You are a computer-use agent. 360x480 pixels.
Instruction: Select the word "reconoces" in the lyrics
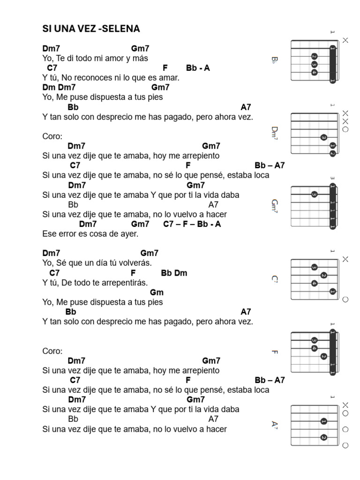(x=94, y=78)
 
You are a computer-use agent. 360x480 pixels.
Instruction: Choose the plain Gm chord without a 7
(x=157, y=292)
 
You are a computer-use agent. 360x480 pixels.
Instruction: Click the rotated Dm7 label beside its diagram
(x=275, y=133)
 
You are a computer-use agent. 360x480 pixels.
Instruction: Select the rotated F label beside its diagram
(x=275, y=352)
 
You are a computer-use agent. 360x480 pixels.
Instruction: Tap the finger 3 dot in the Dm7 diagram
(x=323, y=137)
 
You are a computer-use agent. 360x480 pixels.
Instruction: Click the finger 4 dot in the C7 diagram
(x=314, y=284)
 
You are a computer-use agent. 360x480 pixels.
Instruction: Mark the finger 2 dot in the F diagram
(x=323, y=356)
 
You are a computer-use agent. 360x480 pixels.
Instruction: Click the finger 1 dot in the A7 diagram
(x=323, y=421)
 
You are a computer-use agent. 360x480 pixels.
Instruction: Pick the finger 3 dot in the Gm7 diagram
(x=314, y=195)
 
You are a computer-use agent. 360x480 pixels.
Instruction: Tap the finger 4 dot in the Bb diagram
(x=314, y=73)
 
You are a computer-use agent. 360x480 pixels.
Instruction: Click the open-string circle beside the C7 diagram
(x=345, y=300)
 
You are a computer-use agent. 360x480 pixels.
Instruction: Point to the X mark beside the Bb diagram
(x=345, y=40)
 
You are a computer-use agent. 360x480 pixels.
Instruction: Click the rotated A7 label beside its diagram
(x=275, y=425)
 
